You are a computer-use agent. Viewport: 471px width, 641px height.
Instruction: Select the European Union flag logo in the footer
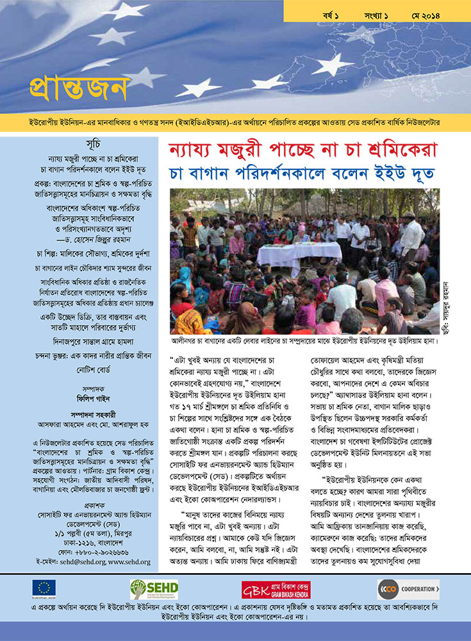44,589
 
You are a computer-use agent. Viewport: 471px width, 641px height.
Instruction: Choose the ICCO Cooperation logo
408,589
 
